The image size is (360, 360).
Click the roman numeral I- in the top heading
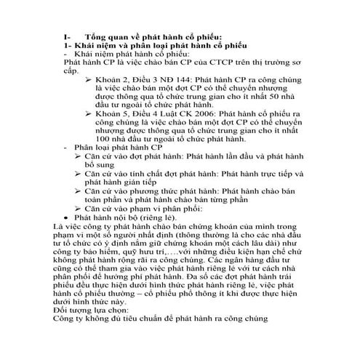(68, 36)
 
